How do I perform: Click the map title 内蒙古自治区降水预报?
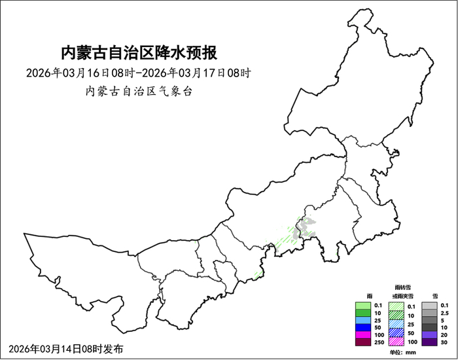(138, 52)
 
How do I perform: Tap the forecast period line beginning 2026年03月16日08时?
(138, 73)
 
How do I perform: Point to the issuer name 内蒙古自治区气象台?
(138, 91)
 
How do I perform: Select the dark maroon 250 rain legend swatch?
(364, 342)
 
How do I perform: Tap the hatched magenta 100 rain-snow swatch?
(396, 342)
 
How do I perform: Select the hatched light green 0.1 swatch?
(396, 306)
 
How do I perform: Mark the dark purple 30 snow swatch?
(430, 342)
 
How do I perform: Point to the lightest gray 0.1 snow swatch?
(430, 306)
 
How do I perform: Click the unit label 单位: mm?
(402, 352)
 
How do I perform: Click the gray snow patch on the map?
(304, 228)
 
